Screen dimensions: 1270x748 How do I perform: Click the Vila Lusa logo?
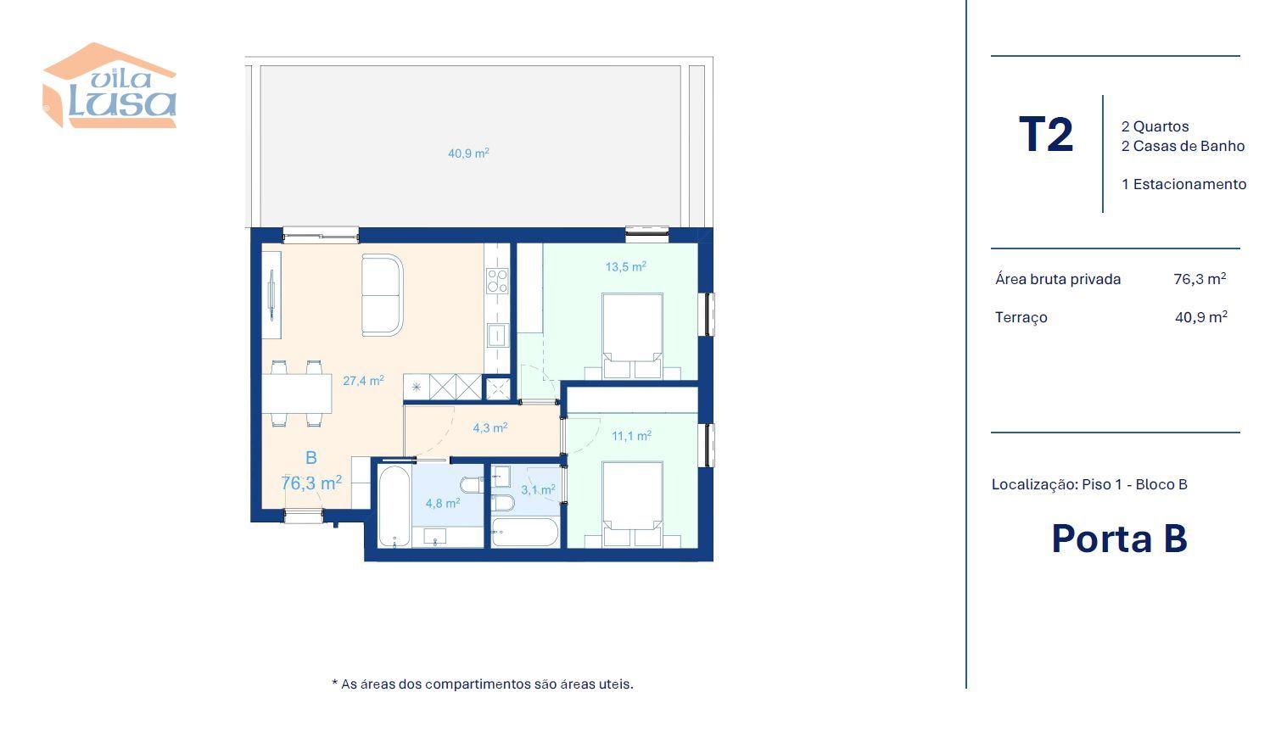coord(109,86)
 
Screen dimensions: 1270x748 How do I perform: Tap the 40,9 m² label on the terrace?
coord(468,153)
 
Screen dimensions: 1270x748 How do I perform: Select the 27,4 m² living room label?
coord(363,380)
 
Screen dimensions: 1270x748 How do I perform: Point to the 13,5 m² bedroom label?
coord(626,266)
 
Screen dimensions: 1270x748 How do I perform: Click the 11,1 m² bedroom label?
coord(631,436)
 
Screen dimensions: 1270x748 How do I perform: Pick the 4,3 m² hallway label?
coord(490,427)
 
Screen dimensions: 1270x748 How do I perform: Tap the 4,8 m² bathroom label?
coord(442,503)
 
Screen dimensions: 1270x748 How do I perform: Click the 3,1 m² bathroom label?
coord(538,489)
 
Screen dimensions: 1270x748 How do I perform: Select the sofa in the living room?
coord(382,294)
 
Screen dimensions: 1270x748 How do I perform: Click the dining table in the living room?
coord(297,394)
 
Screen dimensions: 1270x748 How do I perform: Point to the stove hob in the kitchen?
coord(497,281)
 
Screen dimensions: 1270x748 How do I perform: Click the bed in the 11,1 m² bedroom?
coord(632,505)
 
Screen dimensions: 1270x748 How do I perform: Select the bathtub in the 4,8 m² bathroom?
coord(394,506)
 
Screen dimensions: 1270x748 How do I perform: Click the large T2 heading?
coord(1046,135)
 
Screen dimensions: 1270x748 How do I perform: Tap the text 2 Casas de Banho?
coord(1183,146)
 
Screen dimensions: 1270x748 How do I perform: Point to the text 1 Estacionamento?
coord(1183,184)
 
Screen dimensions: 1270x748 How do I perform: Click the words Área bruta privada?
coord(1058,279)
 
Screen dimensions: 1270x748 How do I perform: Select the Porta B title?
coord(1119,539)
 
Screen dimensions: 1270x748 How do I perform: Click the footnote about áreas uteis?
coord(483,684)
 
